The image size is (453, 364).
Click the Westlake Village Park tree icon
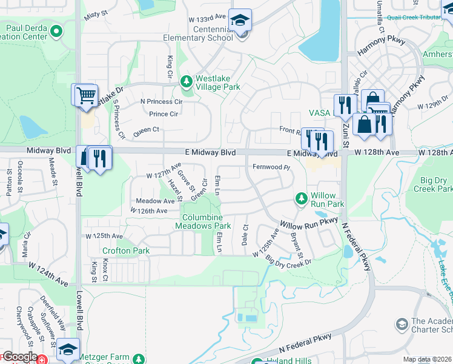pyautogui.click(x=187, y=81)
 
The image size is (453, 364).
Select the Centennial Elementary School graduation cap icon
pyautogui.click(x=240, y=21)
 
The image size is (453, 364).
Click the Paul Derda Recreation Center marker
pyautogui.click(x=56, y=31)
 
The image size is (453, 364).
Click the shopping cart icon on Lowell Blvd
pyautogui.click(x=85, y=95)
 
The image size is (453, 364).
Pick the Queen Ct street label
pyautogui.click(x=146, y=129)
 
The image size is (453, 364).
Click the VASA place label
pyautogui.click(x=319, y=113)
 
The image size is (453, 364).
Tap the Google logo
pyautogui.click(x=19, y=357)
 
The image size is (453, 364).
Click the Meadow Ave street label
pyautogui.click(x=155, y=201)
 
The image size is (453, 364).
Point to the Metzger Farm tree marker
pyautogui.click(x=138, y=360)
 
